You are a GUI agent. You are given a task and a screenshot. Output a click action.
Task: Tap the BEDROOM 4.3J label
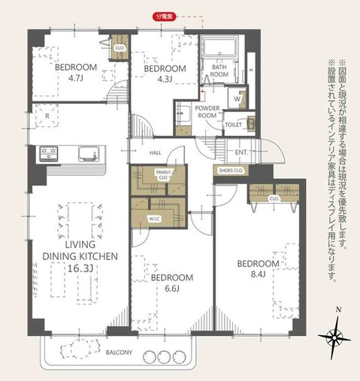tap(159, 73)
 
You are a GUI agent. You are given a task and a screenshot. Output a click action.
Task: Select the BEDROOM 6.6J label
tap(171, 283)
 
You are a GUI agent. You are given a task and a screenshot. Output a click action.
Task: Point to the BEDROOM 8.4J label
tap(258, 268)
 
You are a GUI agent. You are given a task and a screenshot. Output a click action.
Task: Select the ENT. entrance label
tap(241, 153)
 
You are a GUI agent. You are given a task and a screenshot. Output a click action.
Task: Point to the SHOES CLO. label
tap(230, 170)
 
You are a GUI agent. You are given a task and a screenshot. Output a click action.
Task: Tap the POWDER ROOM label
tap(207, 112)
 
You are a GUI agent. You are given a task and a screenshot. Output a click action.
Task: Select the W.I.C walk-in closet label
tap(154, 219)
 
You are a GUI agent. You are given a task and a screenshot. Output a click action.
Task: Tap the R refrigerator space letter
tap(47, 116)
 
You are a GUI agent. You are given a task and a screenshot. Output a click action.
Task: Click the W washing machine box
tap(237, 98)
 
